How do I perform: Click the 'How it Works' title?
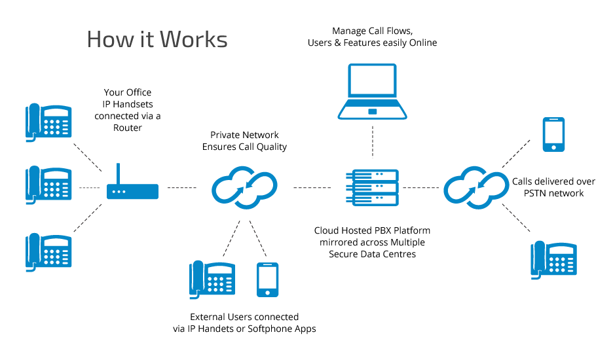(157, 39)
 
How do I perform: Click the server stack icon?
(371, 187)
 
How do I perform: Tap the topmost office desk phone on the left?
(48, 122)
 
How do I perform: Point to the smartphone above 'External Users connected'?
(267, 279)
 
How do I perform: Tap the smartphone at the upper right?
(553, 135)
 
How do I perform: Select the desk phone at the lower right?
(553, 260)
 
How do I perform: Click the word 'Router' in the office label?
(127, 128)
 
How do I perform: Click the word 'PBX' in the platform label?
(384, 230)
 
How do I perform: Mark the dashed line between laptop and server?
(371, 141)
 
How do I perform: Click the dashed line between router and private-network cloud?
(181, 188)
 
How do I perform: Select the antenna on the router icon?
(119, 174)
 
